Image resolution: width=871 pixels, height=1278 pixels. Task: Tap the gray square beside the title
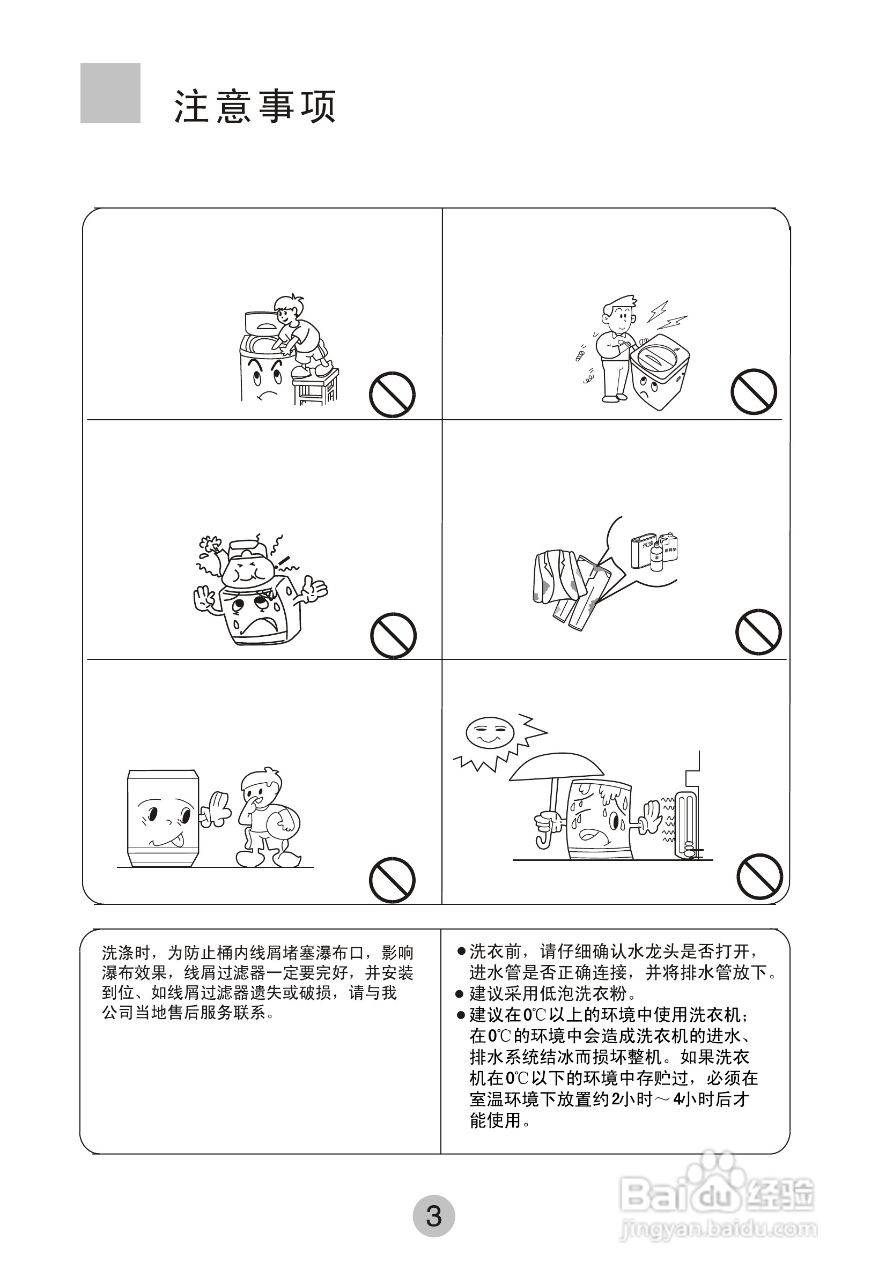(110, 93)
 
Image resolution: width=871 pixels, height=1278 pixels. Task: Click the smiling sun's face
(489, 731)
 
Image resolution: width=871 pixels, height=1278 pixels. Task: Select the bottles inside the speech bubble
(654, 551)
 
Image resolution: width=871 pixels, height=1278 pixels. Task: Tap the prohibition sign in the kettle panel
(393, 635)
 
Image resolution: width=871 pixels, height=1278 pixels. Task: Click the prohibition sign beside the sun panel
(760, 876)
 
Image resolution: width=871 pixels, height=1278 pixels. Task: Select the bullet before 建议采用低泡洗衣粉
(461, 994)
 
